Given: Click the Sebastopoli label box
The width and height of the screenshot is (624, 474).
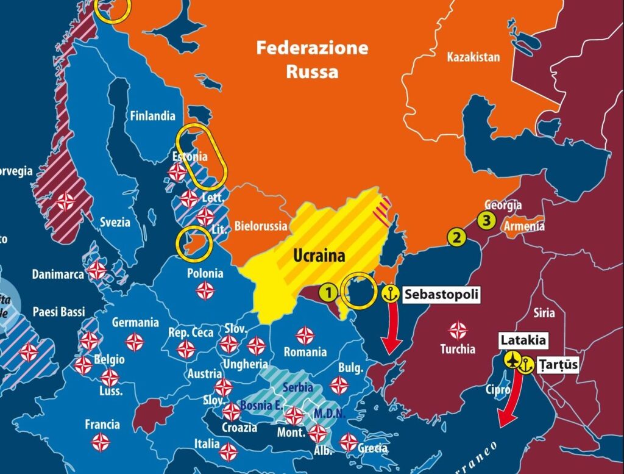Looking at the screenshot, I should click(441, 295).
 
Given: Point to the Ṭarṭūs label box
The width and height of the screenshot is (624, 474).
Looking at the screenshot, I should click(557, 365).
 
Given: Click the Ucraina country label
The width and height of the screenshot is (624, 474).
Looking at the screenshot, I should click(319, 256).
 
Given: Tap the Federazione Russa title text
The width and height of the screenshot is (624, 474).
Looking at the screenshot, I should click(312, 60).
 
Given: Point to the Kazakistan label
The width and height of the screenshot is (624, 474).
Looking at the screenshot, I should click(473, 57).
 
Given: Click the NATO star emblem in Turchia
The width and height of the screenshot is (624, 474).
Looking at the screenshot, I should click(458, 330).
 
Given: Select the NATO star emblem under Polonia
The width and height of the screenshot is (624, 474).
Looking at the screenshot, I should click(205, 292).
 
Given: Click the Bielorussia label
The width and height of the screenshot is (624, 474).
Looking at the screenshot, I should click(260, 226).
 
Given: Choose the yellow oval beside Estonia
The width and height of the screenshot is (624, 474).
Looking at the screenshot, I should click(202, 158).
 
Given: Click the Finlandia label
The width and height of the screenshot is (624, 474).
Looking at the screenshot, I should click(152, 116).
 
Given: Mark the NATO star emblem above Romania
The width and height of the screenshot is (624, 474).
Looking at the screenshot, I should click(305, 335).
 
